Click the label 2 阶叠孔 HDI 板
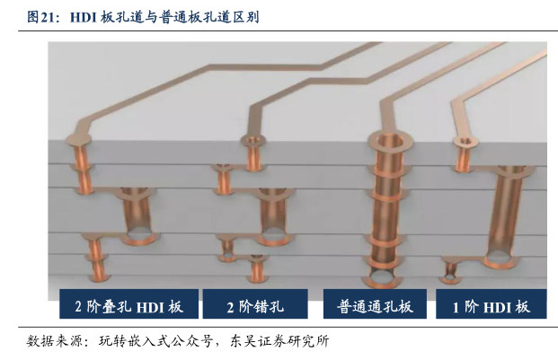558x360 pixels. (x=128, y=306)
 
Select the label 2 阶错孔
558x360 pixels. (x=255, y=306)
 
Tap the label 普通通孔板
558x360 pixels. (x=375, y=306)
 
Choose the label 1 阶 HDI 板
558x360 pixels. (x=492, y=307)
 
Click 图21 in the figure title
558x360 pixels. (x=41, y=17)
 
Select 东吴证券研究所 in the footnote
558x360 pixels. (x=279, y=341)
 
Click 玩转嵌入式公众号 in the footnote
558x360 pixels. (x=155, y=341)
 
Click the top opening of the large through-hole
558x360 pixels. (x=390, y=140)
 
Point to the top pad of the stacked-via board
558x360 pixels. (x=79, y=139)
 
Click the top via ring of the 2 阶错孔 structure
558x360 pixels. (x=253, y=140)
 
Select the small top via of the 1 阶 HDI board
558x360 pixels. (x=465, y=153)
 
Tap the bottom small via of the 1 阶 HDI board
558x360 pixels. (x=450, y=272)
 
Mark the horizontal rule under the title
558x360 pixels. (x=288, y=31)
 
